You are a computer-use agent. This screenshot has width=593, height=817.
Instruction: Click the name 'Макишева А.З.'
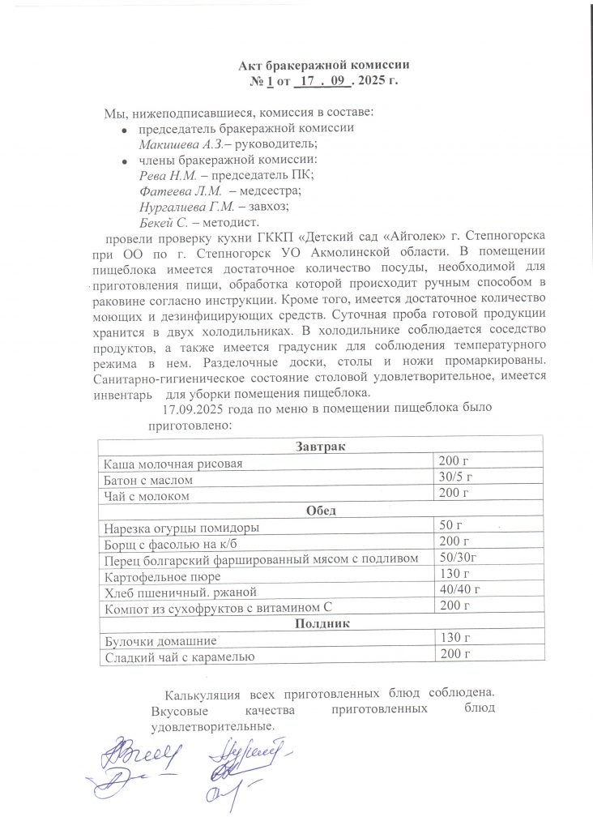(x=178, y=143)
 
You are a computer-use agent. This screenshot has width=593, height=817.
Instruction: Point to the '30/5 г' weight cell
(x=454, y=477)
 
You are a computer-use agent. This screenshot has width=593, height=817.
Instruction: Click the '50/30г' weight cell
(x=458, y=557)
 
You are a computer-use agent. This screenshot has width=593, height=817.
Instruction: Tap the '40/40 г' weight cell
(x=459, y=589)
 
